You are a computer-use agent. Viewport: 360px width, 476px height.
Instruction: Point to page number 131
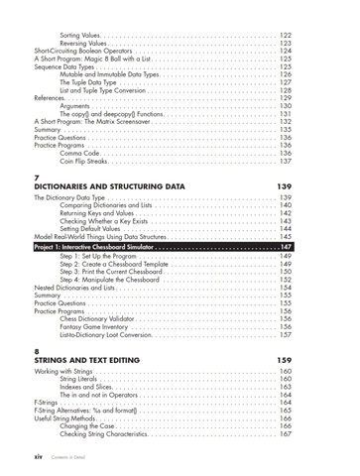(285, 113)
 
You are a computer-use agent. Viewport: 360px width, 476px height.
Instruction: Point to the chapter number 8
(37, 350)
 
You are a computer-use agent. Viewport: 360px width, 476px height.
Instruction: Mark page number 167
(285, 433)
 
